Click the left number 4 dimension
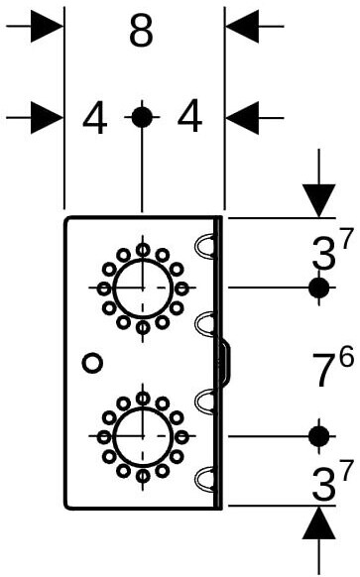coord(94,118)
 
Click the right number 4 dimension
coord(189,116)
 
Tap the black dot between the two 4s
coord(142,117)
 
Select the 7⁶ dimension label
coord(333,367)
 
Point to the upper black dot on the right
coord(318,288)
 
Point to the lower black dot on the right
coord(318,436)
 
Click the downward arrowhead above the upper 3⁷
coord(318,201)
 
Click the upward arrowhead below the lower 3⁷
coord(318,522)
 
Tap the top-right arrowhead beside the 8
coord(242,26)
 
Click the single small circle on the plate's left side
coord(92,363)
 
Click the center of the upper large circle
coord(143,288)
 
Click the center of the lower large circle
coord(143,436)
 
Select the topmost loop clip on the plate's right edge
coord(204,245)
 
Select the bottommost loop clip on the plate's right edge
coord(204,479)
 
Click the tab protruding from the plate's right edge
coord(225,364)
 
